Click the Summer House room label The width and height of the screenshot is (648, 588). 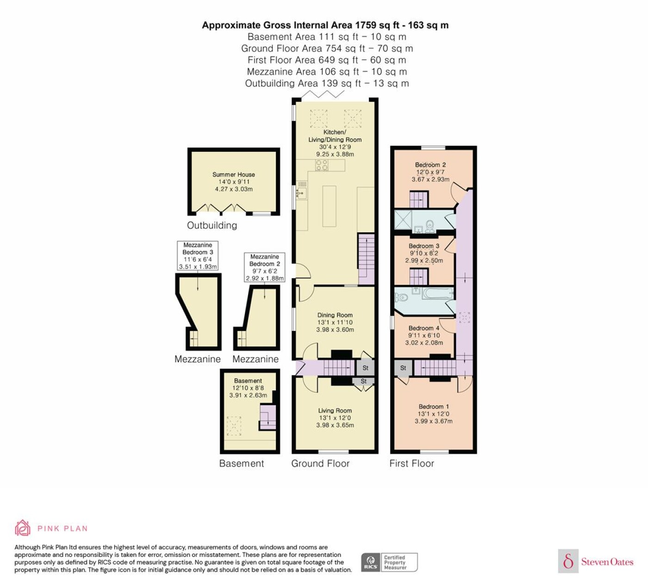tap(234, 175)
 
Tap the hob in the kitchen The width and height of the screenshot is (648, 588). tap(322, 165)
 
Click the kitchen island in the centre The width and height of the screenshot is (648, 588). tap(329, 206)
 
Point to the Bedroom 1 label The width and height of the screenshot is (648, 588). tap(434, 407)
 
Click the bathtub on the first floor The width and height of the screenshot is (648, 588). tap(438, 294)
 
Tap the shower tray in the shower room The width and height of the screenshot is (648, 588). tap(403, 220)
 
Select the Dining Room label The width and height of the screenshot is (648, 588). tap(335, 315)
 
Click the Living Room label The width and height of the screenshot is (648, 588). tap(335, 411)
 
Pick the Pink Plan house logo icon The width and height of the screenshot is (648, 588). tap(23, 528)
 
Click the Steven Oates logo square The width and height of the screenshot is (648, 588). tap(568, 561)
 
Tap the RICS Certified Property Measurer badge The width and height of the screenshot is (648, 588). tap(389, 562)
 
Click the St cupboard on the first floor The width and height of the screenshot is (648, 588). tap(403, 368)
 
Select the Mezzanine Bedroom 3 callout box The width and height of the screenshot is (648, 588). tap(197, 256)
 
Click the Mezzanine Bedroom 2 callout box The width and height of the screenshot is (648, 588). tap(265, 267)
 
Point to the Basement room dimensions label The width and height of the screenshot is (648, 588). tap(248, 388)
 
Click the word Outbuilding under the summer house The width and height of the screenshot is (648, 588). tap(212, 225)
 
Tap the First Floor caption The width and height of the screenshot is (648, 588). tap(411, 463)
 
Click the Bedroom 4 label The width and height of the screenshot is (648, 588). tap(424, 328)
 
